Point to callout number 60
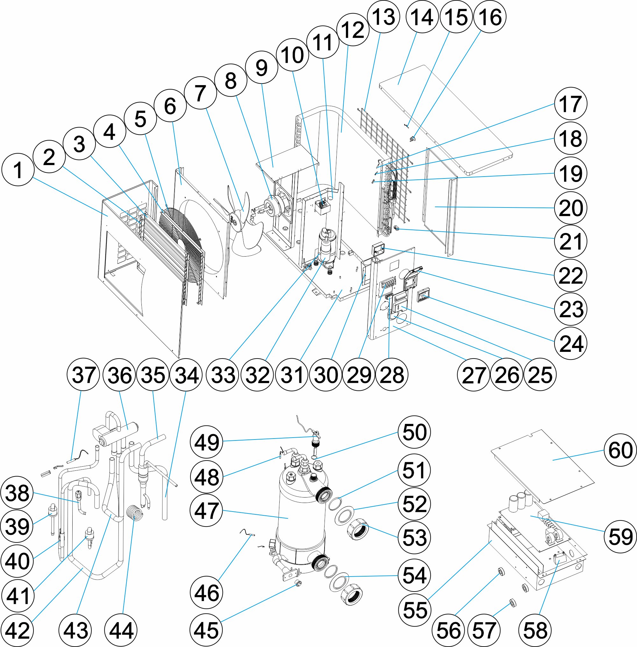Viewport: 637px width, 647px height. (x=620, y=449)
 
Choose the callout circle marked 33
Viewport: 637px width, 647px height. (x=223, y=374)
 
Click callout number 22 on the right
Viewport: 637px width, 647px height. (x=571, y=275)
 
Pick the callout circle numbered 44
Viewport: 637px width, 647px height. (x=121, y=630)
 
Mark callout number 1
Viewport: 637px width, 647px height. (x=18, y=170)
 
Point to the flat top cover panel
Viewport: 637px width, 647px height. (x=445, y=117)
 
